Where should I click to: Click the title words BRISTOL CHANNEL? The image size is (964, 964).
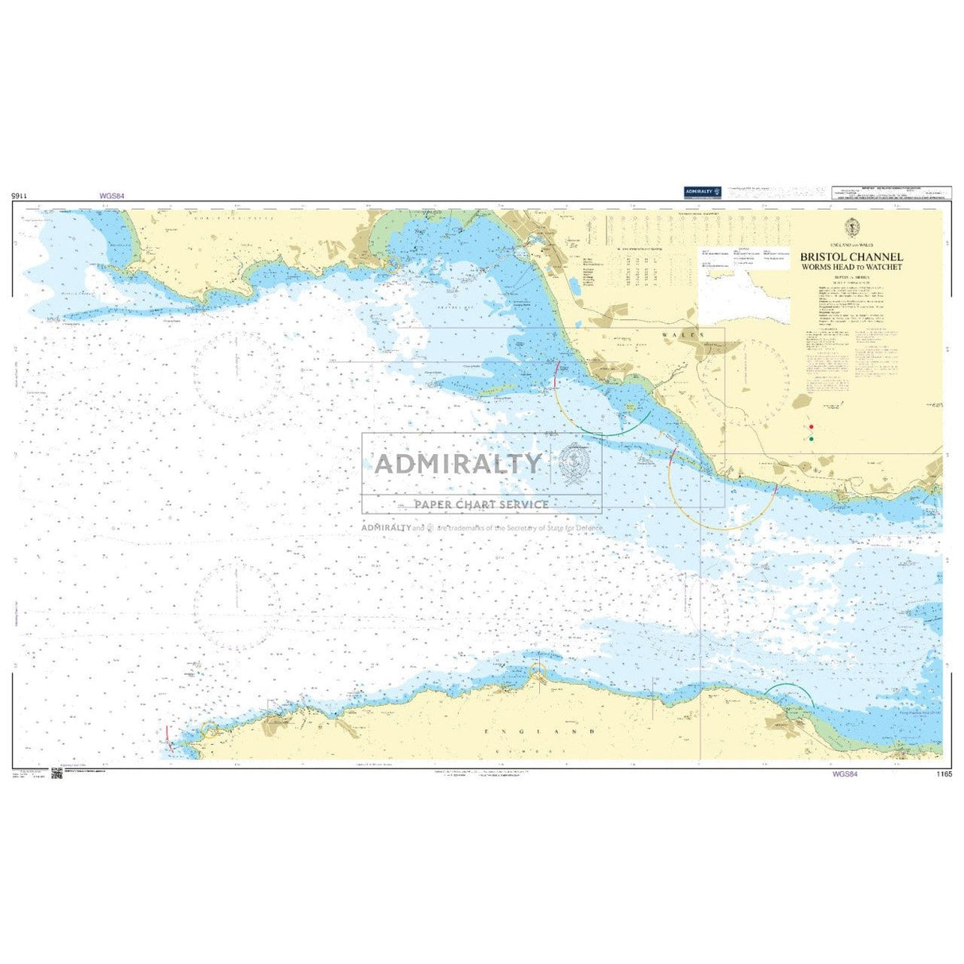tap(850, 257)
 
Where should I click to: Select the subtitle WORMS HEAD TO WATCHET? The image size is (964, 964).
tap(850, 267)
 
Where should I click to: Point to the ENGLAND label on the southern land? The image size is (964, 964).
tap(540, 730)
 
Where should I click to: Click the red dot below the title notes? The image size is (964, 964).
tap(811, 426)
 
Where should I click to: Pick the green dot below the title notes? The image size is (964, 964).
tap(811, 438)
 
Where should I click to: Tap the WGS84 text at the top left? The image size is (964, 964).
tap(112, 195)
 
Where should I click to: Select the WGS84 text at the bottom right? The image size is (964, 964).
tap(845, 773)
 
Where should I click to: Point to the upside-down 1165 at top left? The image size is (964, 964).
tap(21, 195)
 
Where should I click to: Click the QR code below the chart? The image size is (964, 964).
tap(56, 773)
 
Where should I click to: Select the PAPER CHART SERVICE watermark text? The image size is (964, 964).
tap(481, 504)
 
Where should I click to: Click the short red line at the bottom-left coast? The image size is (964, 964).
tap(168, 735)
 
